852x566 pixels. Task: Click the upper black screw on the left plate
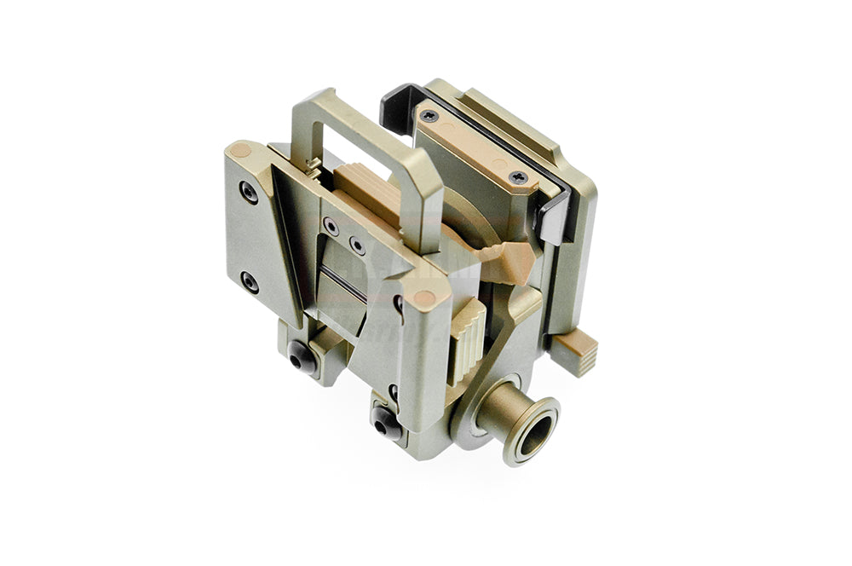point(248,193)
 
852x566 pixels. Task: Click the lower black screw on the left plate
point(249,281)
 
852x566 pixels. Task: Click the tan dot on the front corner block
point(423,298)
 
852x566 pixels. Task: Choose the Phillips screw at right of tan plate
point(517,177)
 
